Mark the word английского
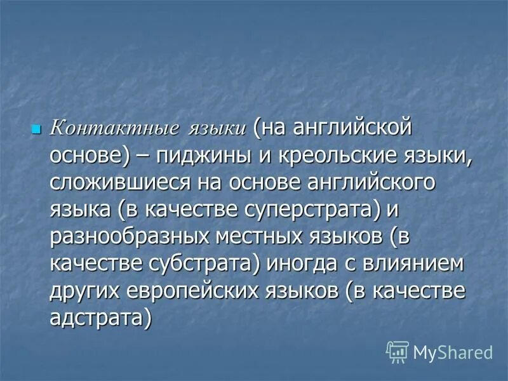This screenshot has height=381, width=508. [x=361, y=184]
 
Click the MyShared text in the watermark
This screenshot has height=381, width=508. [x=452, y=351]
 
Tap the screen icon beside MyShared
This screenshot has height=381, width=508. [x=397, y=351]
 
